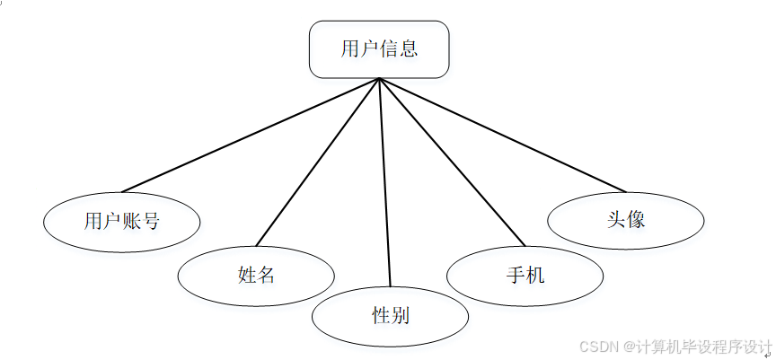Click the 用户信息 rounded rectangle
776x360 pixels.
click(379, 48)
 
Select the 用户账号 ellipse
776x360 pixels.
click(122, 220)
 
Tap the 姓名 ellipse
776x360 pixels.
click(256, 275)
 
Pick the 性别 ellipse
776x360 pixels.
click(391, 315)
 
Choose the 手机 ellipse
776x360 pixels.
click(525, 275)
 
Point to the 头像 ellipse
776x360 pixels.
click(626, 219)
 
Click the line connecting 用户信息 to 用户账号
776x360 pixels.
click(251, 135)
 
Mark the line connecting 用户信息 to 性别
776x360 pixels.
click(385, 180)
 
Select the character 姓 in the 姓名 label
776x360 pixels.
click(247, 275)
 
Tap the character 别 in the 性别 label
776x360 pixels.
click(401, 315)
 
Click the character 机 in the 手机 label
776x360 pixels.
click(534, 275)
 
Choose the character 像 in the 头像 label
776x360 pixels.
click(636, 219)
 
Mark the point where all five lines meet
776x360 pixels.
click(380, 79)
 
